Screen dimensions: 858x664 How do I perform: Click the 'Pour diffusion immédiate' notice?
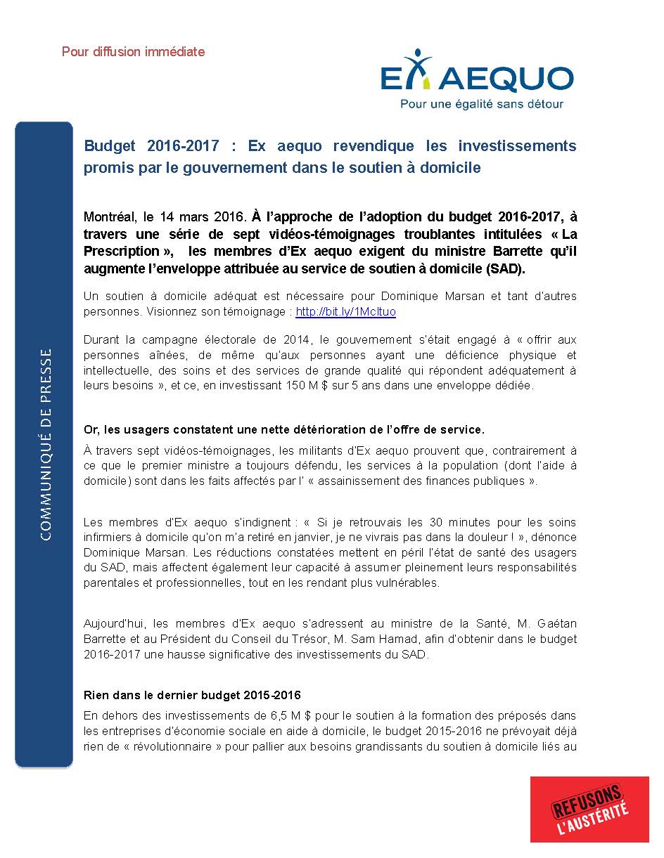pyautogui.click(x=133, y=51)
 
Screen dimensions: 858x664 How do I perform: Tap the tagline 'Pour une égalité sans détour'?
pyautogui.click(x=481, y=104)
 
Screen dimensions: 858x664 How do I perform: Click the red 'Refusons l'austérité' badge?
pyautogui.click(x=589, y=809)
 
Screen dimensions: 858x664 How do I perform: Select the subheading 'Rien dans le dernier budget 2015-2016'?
pyautogui.click(x=192, y=695)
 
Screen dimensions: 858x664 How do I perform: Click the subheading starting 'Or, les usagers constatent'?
pyautogui.click(x=284, y=429)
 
